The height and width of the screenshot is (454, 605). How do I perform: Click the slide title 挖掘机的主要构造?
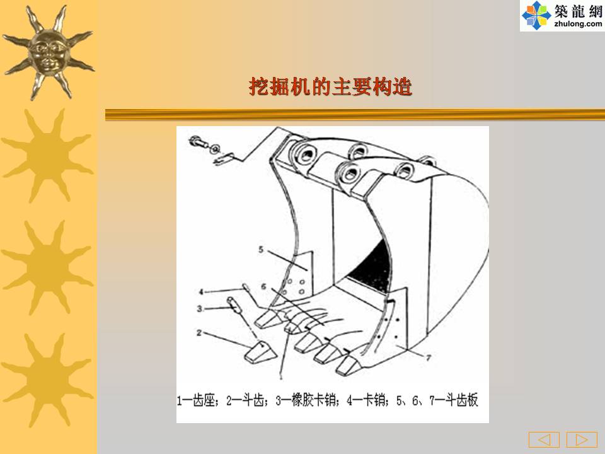coord(331,86)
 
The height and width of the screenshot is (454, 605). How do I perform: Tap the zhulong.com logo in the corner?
coord(562,15)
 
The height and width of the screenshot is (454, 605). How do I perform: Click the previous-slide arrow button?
coord(544,439)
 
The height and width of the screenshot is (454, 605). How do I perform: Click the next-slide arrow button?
coord(582,439)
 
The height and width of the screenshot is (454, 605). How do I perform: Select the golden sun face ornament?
coord(49,52)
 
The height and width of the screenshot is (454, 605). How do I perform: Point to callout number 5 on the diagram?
coord(261,250)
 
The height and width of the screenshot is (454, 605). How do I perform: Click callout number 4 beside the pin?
coord(201,292)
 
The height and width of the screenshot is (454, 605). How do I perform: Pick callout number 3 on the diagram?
coord(200,308)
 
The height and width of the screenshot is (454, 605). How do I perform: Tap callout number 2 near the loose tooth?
coord(199,333)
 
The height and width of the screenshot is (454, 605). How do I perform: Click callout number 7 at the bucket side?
coord(429,358)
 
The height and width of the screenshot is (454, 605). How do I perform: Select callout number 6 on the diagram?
coord(263,286)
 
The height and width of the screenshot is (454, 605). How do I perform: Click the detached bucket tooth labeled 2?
coord(260,352)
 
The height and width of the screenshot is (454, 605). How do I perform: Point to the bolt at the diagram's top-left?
coord(199,143)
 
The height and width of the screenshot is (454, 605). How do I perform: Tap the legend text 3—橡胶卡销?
coord(308,400)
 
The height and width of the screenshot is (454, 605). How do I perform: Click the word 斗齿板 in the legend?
coord(462,400)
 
